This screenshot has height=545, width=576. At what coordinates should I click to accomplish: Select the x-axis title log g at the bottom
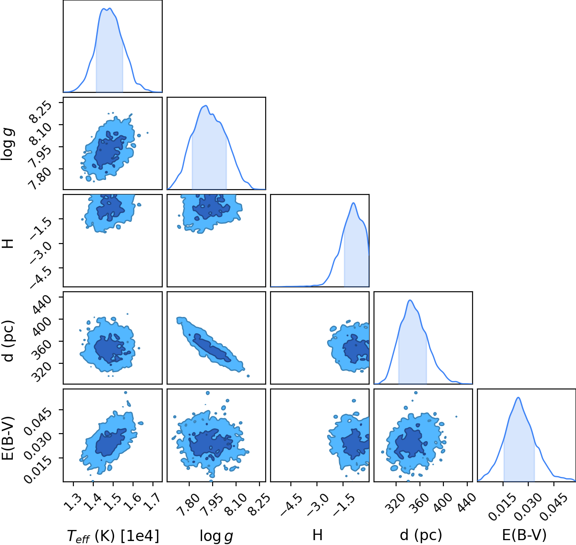pyautogui.click(x=216, y=536)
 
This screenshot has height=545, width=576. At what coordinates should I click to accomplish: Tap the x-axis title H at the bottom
pyautogui.click(x=317, y=535)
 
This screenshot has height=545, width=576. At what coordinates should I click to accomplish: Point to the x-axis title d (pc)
pyautogui.click(x=421, y=535)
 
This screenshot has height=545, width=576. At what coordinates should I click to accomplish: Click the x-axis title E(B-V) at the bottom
pyautogui.click(x=524, y=535)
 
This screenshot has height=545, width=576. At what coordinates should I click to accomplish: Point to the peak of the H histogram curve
pyautogui.click(x=353, y=203)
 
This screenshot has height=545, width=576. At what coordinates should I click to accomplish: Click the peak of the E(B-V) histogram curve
pyautogui.click(x=518, y=397)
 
